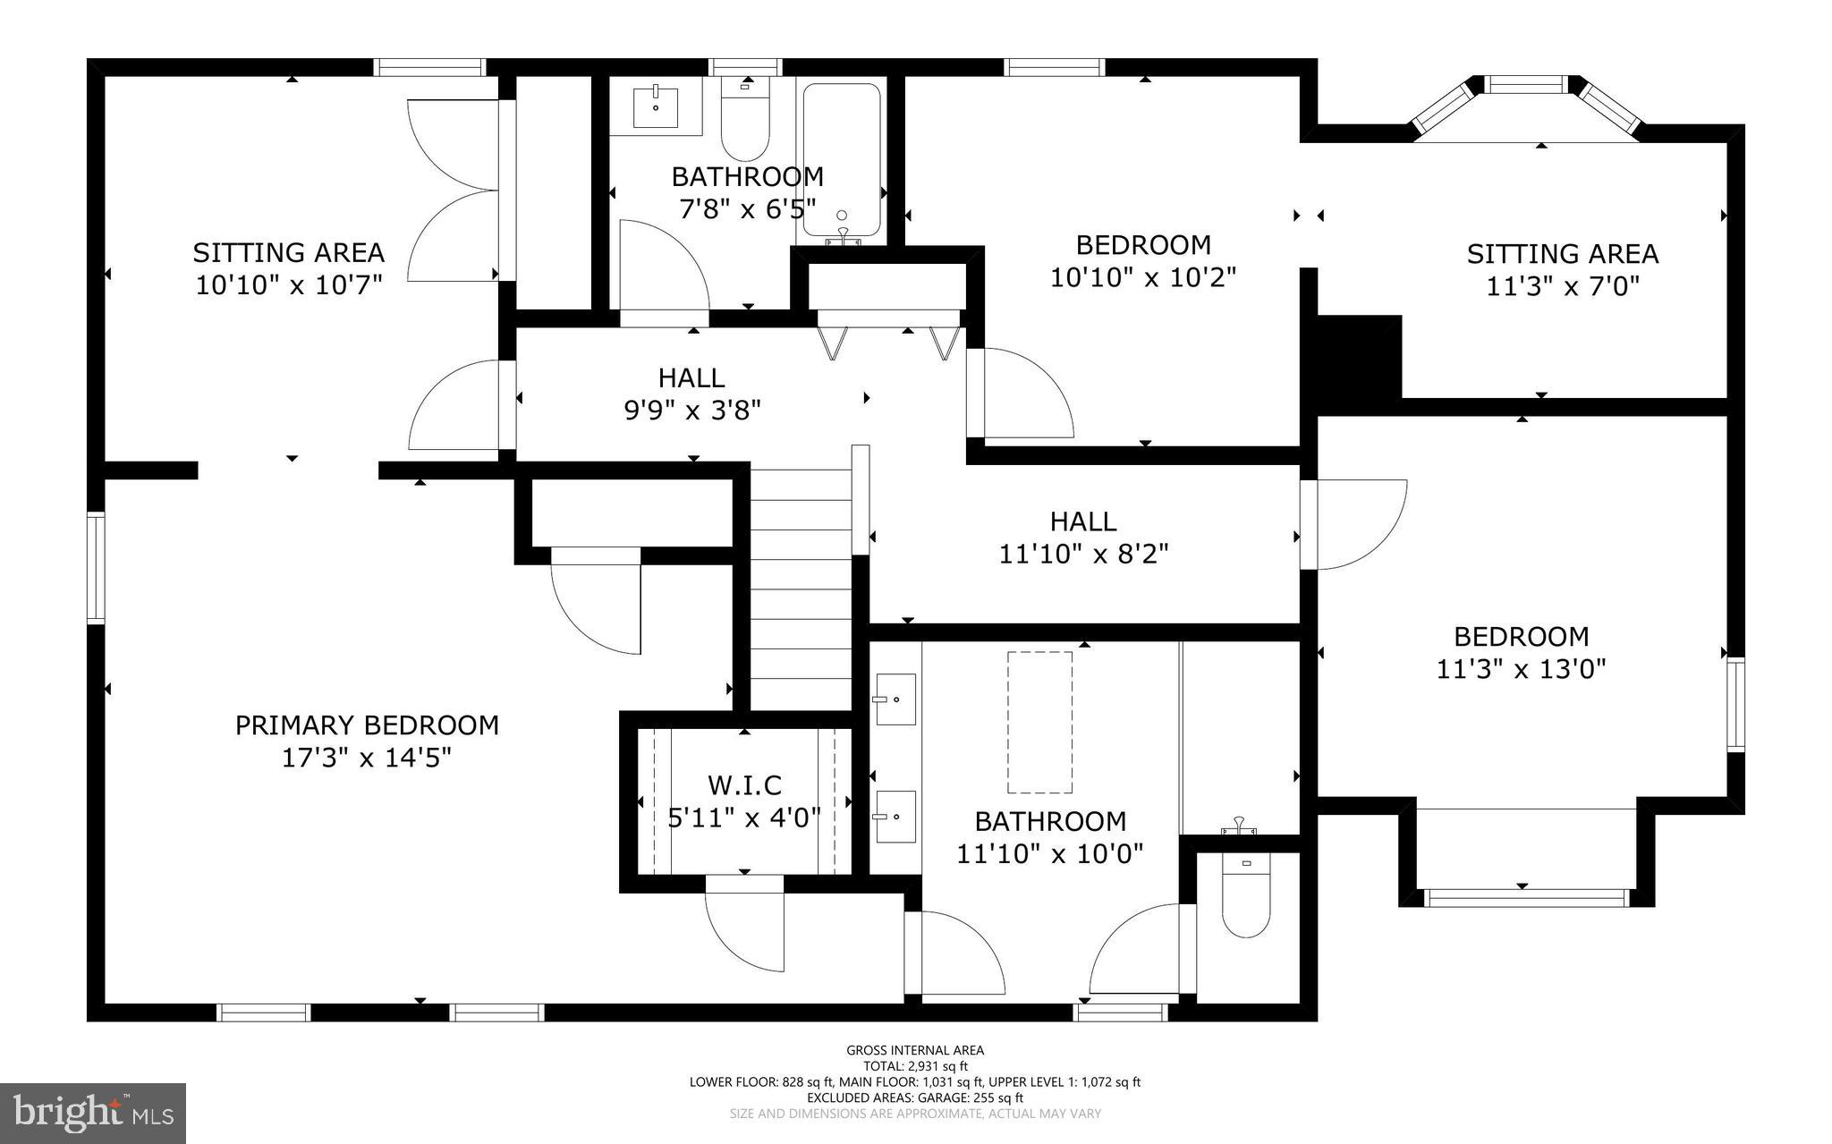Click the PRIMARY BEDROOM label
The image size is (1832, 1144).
[x=367, y=725]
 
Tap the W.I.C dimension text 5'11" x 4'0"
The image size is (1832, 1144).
[x=744, y=818]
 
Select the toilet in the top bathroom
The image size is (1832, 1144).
[x=745, y=125]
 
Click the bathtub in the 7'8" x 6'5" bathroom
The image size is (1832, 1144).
[x=842, y=161]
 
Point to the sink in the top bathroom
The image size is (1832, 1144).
[x=656, y=108]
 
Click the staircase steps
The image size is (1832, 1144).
[x=800, y=590]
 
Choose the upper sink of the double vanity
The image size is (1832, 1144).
[x=895, y=699]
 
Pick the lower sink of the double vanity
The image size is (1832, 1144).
[x=895, y=816]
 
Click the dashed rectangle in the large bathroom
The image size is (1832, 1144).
[x=1039, y=722]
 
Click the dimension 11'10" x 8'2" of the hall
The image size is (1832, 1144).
[x=1083, y=555]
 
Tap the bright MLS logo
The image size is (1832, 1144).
[x=93, y=1113]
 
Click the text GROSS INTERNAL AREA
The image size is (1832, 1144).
[x=915, y=1050]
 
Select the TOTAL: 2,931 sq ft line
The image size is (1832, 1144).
[x=915, y=1066]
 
